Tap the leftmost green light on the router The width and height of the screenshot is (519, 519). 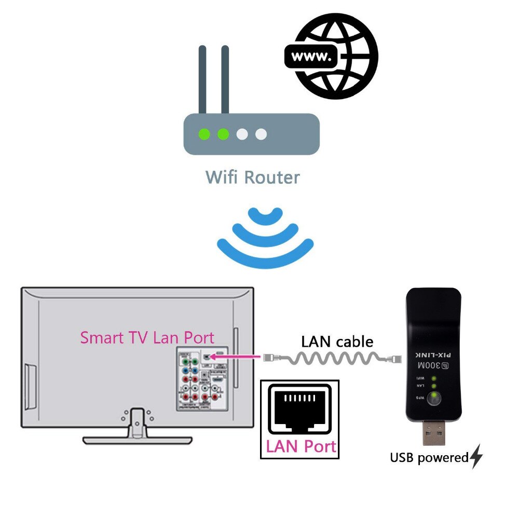coord(204,134)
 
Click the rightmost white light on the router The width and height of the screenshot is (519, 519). coord(261,134)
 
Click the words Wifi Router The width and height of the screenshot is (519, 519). coord(253,177)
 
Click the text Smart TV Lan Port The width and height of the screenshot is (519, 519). coord(147,338)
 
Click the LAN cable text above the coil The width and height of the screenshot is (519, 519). coord(337,342)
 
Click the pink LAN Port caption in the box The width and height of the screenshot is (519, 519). coord(301,446)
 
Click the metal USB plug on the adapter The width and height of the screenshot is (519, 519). coord(433,432)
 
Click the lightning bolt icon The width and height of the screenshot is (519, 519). coord(476,457)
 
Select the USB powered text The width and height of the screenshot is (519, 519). coord(429,458)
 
